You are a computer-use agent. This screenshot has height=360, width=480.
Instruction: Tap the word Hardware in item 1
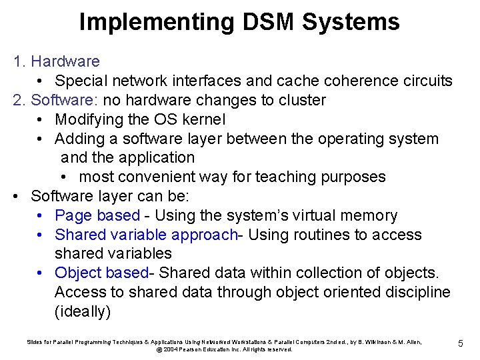pos(65,62)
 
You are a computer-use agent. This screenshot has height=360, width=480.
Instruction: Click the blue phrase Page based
pos(97,216)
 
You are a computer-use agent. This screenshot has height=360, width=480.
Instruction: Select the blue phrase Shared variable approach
pos(146,235)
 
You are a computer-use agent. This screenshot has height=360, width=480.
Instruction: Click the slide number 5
pos(460,343)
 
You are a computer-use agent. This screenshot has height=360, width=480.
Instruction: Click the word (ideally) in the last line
pos(82,311)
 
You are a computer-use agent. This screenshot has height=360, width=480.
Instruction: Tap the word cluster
pos(301,101)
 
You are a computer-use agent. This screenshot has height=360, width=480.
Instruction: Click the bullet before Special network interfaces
pos(41,82)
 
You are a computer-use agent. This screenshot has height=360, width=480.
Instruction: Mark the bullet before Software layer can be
pos(17,197)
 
